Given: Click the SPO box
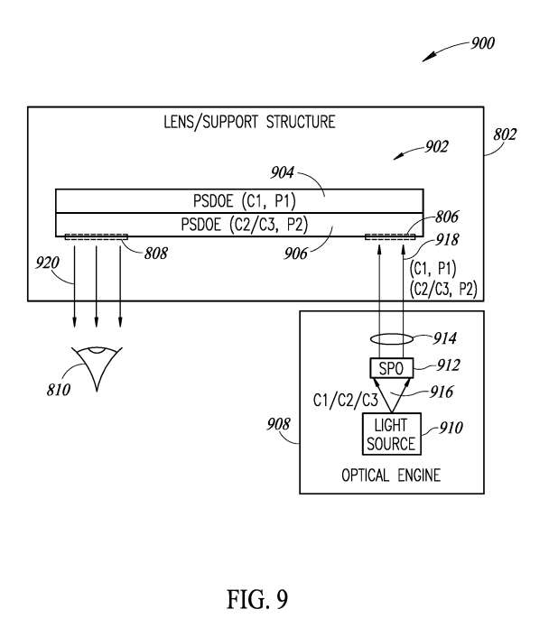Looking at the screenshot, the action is pyautogui.click(x=391, y=367).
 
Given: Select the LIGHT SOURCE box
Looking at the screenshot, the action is pyautogui.click(x=391, y=433).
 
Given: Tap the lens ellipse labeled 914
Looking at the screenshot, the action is pyautogui.click(x=391, y=338).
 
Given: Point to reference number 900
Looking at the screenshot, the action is pyautogui.click(x=482, y=43).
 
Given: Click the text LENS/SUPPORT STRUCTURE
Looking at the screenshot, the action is pyautogui.click(x=249, y=122).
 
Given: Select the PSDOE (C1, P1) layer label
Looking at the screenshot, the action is pyautogui.click(x=245, y=200).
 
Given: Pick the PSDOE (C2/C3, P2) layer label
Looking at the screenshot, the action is pyautogui.click(x=245, y=225).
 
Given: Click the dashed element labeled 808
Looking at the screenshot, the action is pyautogui.click(x=97, y=236).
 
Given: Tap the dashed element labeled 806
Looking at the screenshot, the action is pyautogui.click(x=390, y=236).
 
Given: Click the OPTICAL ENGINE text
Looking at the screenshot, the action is pyautogui.click(x=391, y=475).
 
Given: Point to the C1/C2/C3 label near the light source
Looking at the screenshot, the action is pyautogui.click(x=346, y=401).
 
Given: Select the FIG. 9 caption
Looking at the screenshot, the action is pyautogui.click(x=257, y=599).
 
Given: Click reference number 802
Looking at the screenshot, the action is pyautogui.click(x=505, y=134).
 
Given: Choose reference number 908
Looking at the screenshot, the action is pyautogui.click(x=278, y=425).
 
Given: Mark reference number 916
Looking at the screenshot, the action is pyautogui.click(x=442, y=392).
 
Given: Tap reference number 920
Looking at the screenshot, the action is pyautogui.click(x=47, y=263).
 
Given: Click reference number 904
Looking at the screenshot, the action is pyautogui.click(x=282, y=173).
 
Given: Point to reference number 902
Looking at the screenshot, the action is pyautogui.click(x=436, y=147).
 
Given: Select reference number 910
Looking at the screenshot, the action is pyautogui.click(x=451, y=428).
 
